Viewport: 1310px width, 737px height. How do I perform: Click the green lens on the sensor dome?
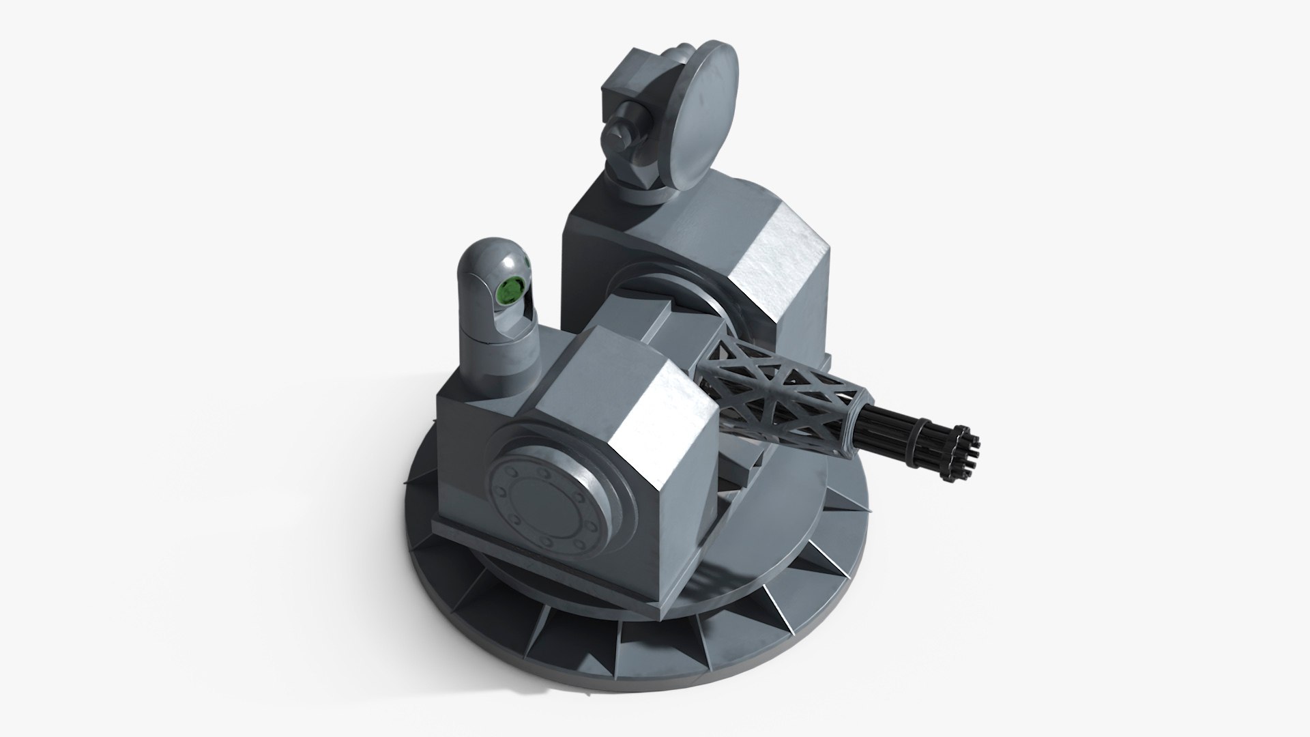click(x=508, y=292)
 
